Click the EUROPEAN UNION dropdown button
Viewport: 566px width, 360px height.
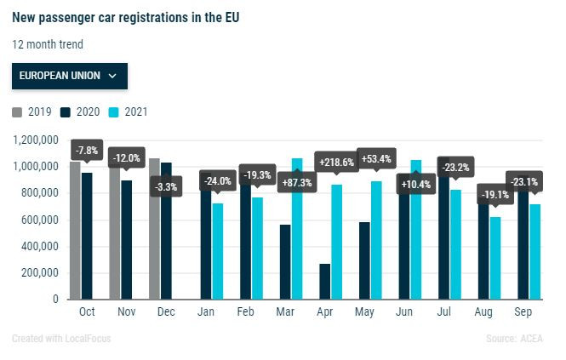(69, 75)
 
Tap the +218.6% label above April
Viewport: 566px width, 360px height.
(336, 162)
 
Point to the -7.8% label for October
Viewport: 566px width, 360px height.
(87, 151)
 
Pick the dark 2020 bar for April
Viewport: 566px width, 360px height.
(324, 281)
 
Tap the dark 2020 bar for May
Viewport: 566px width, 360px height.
(363, 260)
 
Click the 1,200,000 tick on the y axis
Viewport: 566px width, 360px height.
(35, 140)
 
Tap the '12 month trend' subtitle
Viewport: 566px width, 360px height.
(49, 44)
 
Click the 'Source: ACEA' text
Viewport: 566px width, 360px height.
(520, 339)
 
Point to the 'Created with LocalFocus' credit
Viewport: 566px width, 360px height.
(61, 339)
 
